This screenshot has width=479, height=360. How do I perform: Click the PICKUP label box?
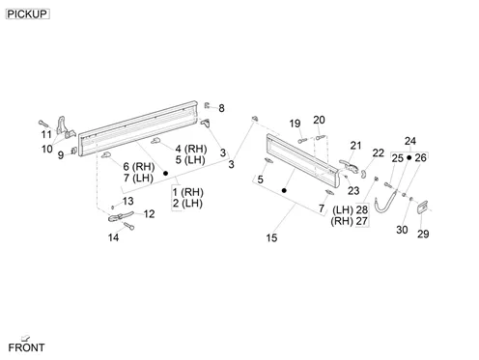28,14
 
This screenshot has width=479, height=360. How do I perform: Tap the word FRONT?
26,347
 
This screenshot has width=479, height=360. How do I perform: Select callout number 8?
221,108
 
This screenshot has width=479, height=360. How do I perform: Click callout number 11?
46,134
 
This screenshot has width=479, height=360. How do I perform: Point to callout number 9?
61,155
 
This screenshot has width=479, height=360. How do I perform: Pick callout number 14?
113,237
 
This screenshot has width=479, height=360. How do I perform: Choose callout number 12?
149,214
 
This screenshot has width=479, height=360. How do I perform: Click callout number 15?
271,237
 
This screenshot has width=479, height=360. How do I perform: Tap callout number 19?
295,124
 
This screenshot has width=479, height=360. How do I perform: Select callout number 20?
319,120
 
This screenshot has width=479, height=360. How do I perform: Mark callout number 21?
355,146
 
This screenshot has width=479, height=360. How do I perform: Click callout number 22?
379,152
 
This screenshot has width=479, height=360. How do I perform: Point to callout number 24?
410,141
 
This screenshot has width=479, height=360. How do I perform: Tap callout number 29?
423,234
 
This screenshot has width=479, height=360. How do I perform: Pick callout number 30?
402,230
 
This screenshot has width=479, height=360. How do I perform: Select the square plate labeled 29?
422,207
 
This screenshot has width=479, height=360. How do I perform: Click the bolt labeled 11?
43,124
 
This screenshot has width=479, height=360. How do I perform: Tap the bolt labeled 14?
129,226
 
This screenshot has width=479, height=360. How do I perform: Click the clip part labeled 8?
207,105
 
